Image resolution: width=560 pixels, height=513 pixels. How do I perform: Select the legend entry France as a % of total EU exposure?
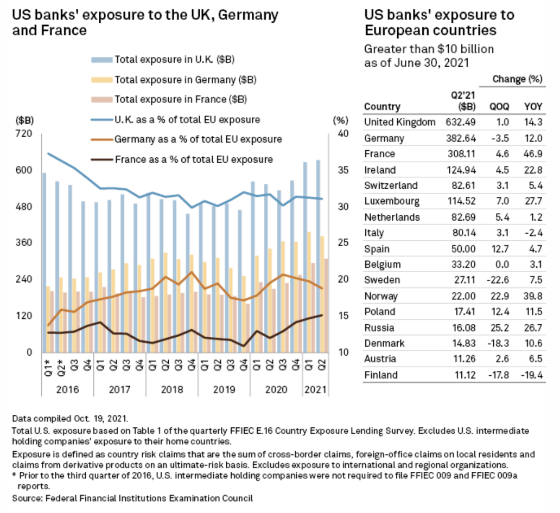(194, 159)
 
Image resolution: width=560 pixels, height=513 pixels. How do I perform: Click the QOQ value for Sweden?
(499, 280)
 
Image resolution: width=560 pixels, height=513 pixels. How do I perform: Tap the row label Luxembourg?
(392, 201)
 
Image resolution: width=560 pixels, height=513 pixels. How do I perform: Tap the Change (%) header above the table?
(517, 79)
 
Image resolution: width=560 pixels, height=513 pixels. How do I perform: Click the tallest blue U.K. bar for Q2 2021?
(319, 255)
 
